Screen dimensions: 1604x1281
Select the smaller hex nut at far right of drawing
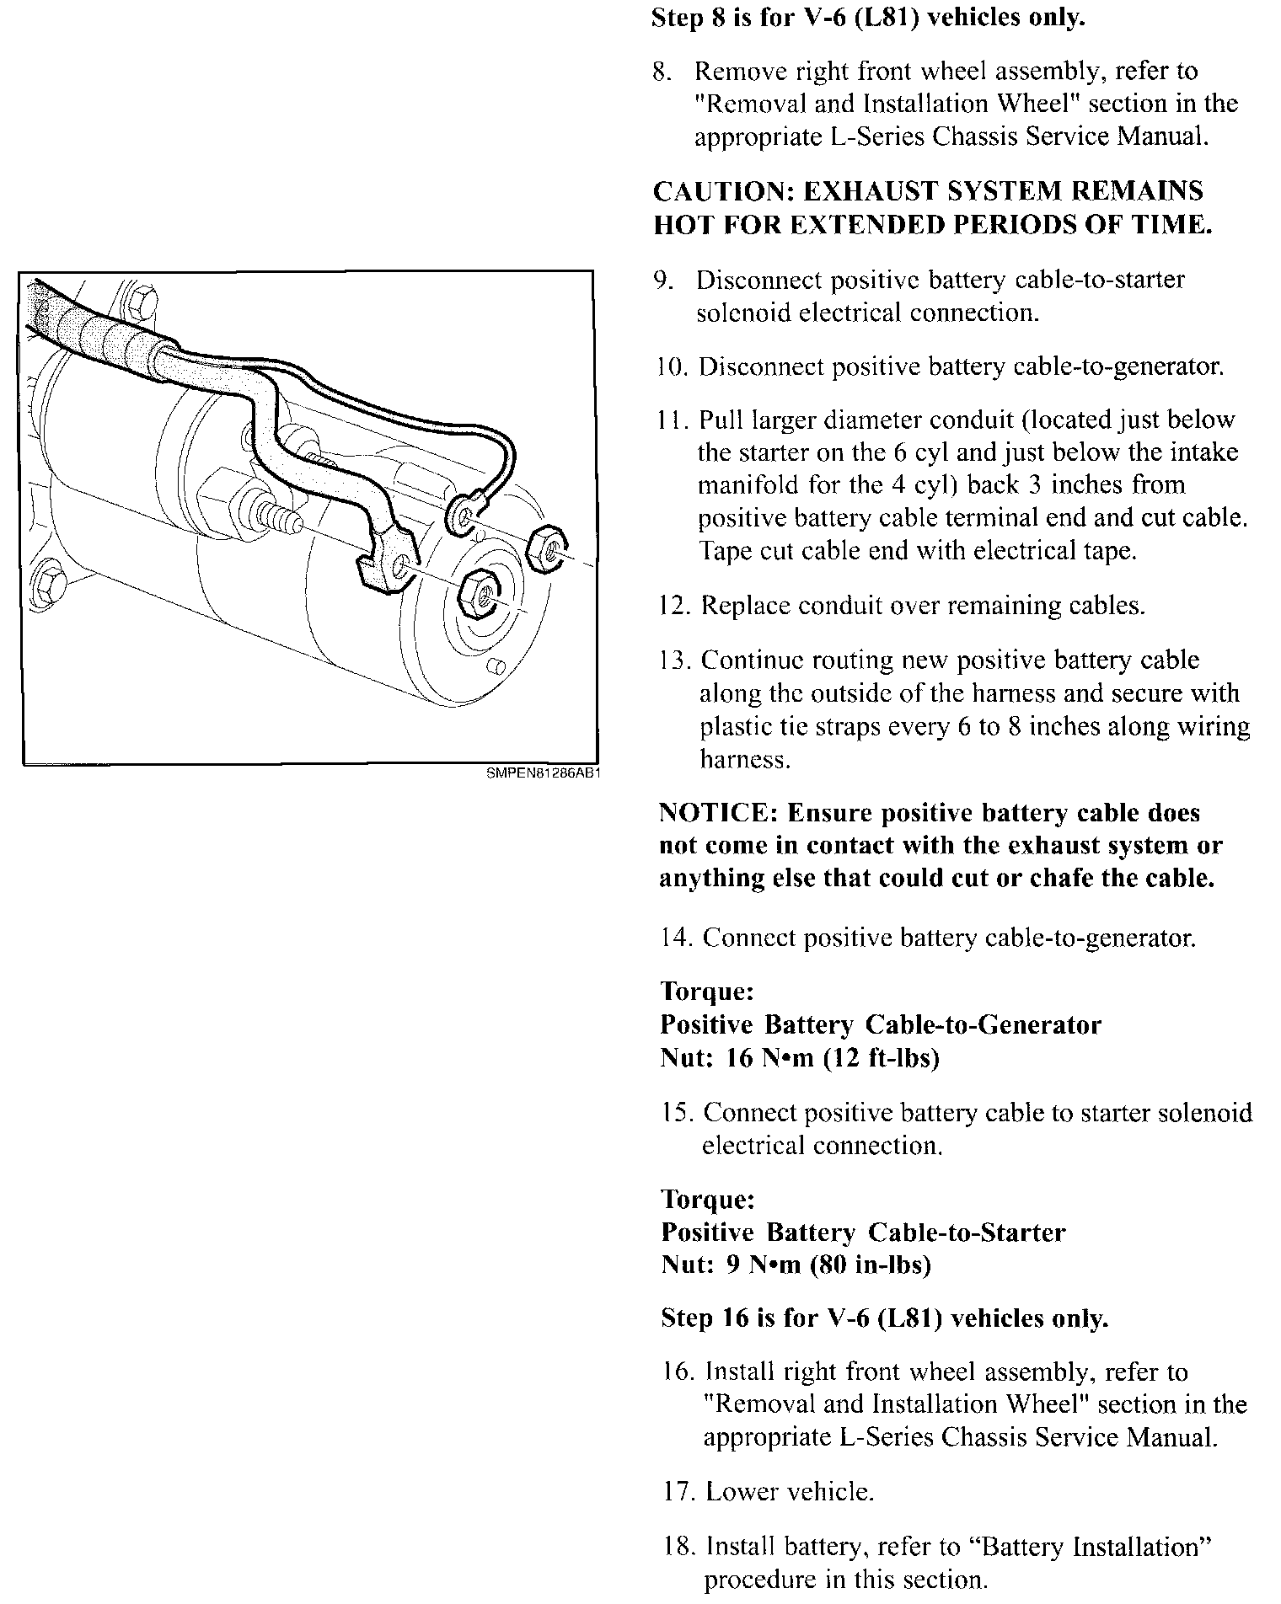pos(549,551)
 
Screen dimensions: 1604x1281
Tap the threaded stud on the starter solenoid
pos(276,514)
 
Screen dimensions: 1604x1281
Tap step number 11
pos(673,420)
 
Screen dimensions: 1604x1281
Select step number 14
pos(676,938)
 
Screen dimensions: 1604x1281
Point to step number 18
pos(679,1547)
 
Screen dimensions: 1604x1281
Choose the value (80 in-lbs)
pos(870,1265)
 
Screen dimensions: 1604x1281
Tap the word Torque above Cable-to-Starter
pos(708,1199)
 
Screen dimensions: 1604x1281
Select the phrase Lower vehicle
pos(790,1492)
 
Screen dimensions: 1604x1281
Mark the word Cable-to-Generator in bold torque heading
pos(984,1025)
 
